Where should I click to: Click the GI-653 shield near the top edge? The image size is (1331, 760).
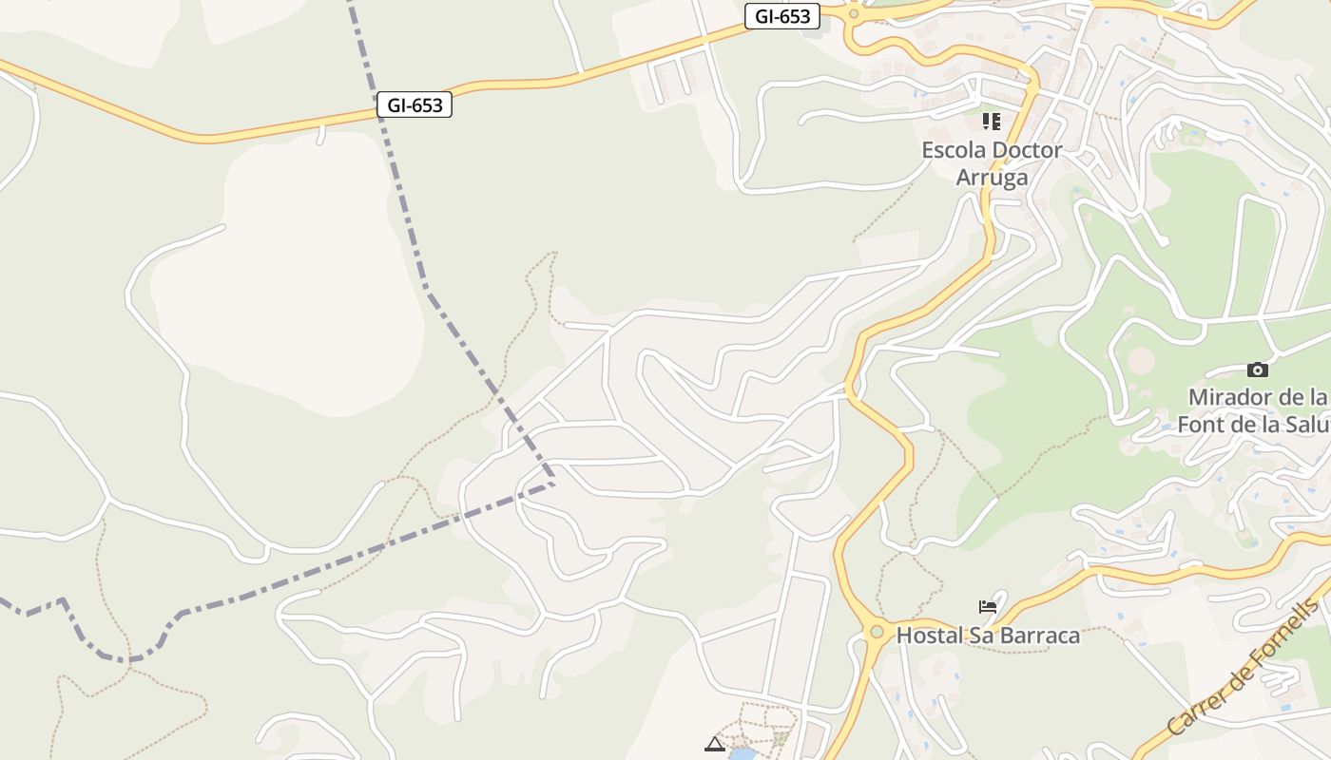coord(781,16)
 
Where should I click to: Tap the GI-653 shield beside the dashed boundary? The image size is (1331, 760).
coord(414,105)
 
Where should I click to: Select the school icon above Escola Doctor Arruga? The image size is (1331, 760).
coord(992,122)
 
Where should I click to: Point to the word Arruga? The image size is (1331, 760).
coord(992,178)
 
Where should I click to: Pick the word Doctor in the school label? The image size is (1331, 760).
coord(1026,150)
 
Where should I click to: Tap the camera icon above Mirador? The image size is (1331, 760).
coord(1257,370)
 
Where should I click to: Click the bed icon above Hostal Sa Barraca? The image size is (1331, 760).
coord(988,606)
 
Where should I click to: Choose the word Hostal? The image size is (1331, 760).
coord(930,635)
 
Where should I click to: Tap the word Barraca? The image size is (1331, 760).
coord(1039,635)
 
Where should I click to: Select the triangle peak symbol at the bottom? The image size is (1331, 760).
coord(715,744)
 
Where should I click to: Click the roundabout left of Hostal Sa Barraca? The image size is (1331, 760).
coord(877,631)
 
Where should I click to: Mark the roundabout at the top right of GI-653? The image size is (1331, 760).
coord(854,13)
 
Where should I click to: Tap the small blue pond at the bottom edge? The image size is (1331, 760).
coord(742,754)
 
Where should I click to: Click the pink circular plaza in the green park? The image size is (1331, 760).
coord(1141,361)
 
